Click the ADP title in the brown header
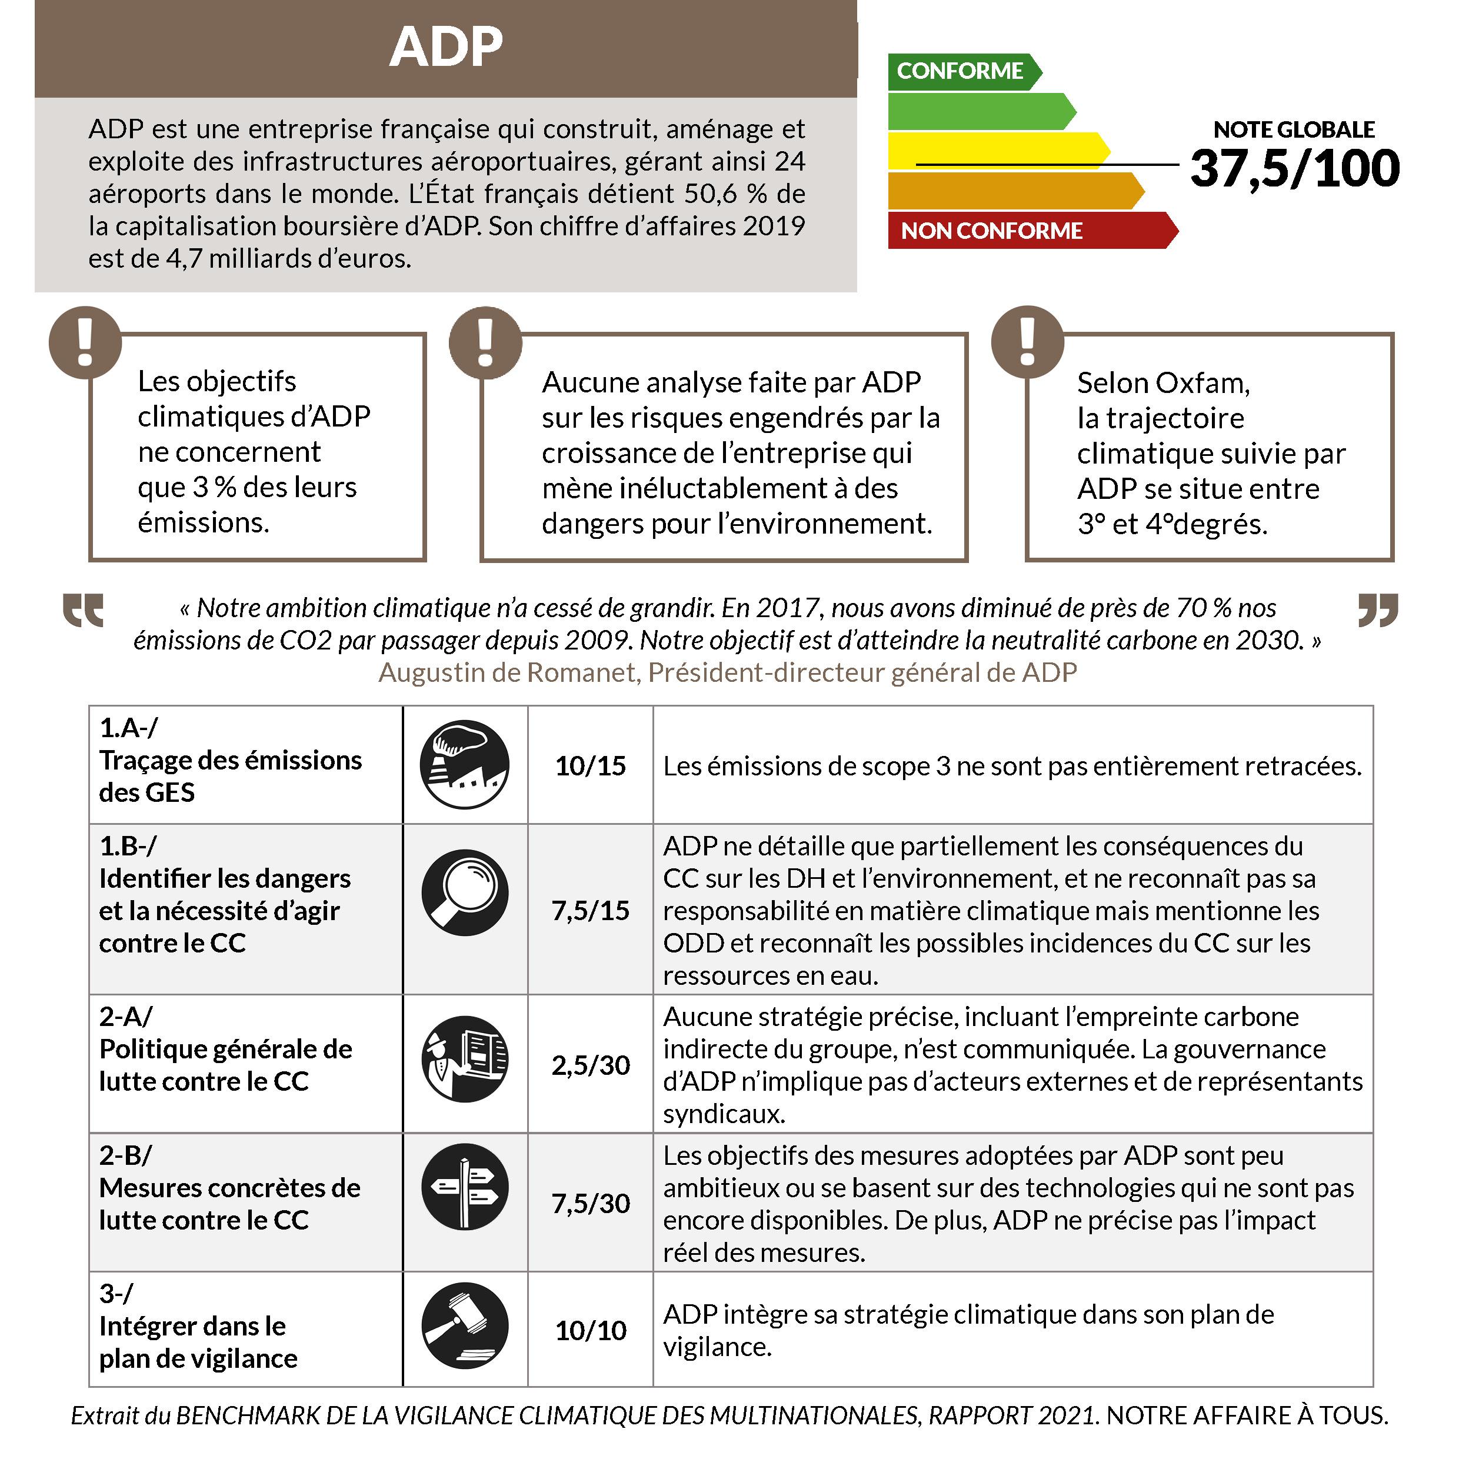coord(445,47)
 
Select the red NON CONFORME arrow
coord(991,231)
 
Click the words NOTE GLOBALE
coord(1294,129)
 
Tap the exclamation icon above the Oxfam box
coord(1027,342)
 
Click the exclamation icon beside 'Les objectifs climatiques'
coord(85,342)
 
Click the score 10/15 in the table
coord(591,766)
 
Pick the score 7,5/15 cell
coord(591,910)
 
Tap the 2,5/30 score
coord(591,1065)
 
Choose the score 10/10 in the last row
coord(591,1330)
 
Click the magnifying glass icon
coord(464,892)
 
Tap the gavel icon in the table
coord(464,1326)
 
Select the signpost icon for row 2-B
coord(464,1187)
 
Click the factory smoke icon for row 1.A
coord(464,764)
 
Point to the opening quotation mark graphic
coord(83,610)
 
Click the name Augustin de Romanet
coord(508,672)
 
